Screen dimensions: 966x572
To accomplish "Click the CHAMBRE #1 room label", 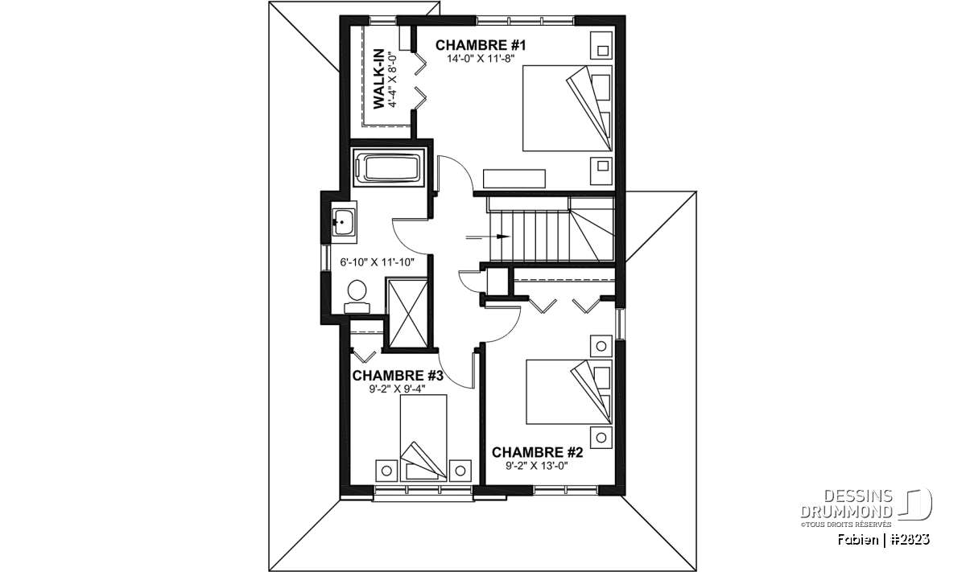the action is click(x=481, y=45).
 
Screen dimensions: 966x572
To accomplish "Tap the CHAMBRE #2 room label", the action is click(x=538, y=452).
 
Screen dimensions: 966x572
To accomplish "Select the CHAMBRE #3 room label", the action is click(x=398, y=376).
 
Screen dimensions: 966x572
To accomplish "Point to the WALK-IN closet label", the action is click(x=378, y=79).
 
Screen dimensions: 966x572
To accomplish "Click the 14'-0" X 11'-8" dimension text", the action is click(x=481, y=59).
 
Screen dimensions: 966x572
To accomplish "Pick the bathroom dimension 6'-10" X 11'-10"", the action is click(x=378, y=262).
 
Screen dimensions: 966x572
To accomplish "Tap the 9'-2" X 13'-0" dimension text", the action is click(x=537, y=466).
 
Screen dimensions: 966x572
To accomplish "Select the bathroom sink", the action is click(x=345, y=222).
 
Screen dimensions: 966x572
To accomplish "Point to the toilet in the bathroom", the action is click(x=357, y=297).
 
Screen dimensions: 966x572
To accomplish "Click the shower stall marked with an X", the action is click(x=408, y=313).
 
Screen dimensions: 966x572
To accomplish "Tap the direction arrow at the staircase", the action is click(x=488, y=237).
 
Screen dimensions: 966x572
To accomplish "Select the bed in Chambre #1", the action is click(x=568, y=108).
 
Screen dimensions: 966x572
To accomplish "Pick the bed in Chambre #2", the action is click(x=569, y=393).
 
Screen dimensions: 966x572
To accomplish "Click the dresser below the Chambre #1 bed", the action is click(x=514, y=179).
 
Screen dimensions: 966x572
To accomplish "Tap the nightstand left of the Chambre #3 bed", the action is click(x=386, y=471).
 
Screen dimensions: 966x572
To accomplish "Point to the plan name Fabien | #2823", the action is click(x=884, y=539).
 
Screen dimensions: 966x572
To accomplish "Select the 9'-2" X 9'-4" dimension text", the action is click(x=397, y=389).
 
